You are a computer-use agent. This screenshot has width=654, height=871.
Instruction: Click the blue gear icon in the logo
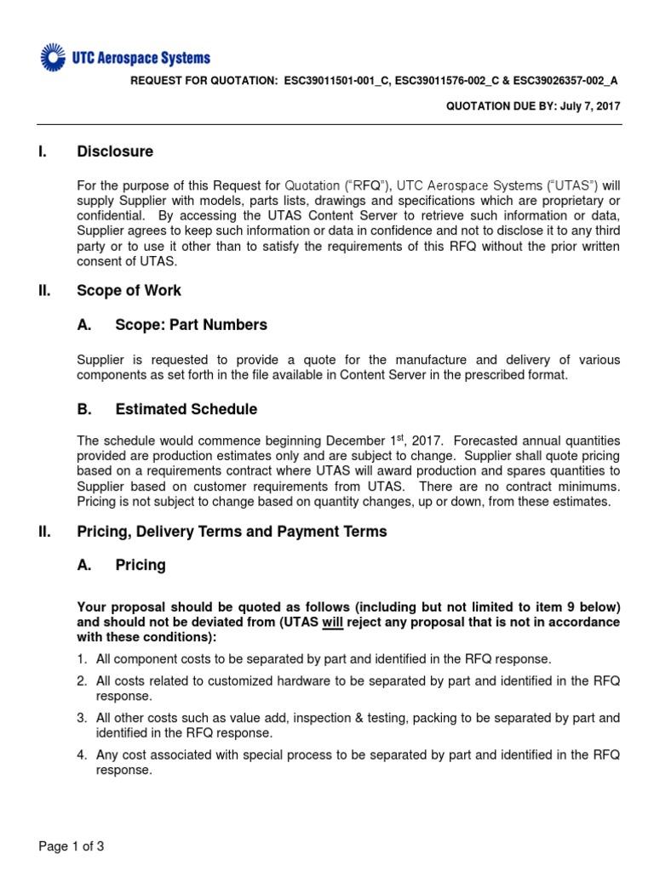click(x=53, y=58)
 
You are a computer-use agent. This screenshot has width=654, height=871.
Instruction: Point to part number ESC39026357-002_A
click(x=564, y=81)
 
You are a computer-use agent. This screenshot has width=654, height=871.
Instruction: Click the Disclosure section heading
click(x=115, y=151)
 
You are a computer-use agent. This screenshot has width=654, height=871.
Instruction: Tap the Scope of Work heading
click(x=129, y=290)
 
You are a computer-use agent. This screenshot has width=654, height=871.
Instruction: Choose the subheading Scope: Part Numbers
click(x=191, y=324)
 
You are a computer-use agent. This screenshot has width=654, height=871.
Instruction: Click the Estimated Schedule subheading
click(x=186, y=409)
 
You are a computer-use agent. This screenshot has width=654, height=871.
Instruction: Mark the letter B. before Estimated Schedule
click(x=84, y=409)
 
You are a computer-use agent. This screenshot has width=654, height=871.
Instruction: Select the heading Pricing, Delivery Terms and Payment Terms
click(x=232, y=532)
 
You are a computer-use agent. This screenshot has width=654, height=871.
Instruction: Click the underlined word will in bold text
click(x=332, y=622)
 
